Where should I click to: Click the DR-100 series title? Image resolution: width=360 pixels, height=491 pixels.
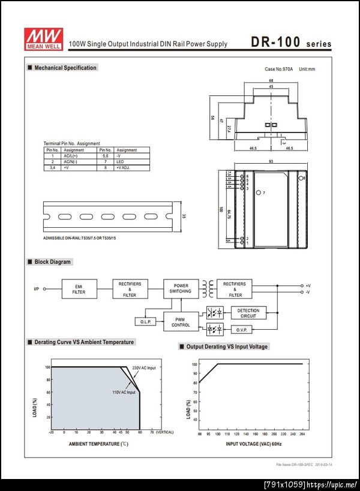pyautogui.click(x=290, y=43)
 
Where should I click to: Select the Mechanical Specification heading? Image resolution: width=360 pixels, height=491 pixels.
pyautogui.click(x=65, y=68)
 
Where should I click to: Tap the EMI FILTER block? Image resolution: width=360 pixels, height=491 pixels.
pyautogui.click(x=79, y=290)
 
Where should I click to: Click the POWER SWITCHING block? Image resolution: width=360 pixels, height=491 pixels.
pyautogui.click(x=181, y=288)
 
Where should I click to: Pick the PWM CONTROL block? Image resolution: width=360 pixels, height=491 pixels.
pyautogui.click(x=181, y=321)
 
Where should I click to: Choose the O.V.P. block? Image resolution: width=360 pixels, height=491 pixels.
pyautogui.click(x=241, y=329)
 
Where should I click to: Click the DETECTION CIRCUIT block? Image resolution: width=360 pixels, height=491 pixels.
pyautogui.click(x=248, y=313)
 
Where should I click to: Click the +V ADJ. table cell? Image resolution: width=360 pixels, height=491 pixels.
pyautogui.click(x=124, y=168)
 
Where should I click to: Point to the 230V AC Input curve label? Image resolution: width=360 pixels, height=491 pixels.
pyautogui.click(x=143, y=368)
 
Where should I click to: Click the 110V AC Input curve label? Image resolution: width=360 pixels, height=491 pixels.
pyautogui.click(x=124, y=392)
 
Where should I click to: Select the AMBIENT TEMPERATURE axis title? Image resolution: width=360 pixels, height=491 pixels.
pyautogui.click(x=98, y=444)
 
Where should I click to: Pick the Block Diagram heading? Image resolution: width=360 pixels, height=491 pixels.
pyautogui.click(x=52, y=262)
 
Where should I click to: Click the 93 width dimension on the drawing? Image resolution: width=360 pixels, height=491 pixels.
pyautogui.click(x=271, y=162)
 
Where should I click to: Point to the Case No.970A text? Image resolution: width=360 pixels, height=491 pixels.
pyautogui.click(x=278, y=70)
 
